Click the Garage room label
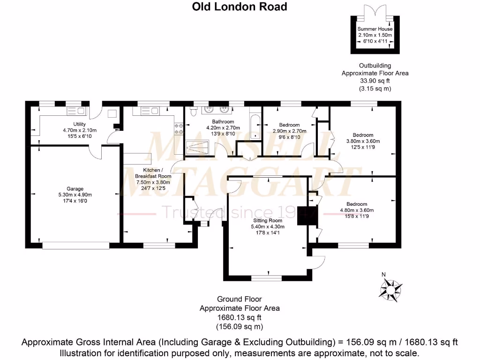pos(75,189)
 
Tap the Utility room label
pos(79,124)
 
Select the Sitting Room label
pos(268,220)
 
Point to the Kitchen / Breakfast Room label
pos(153,173)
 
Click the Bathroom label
pos(223,121)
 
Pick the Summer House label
pos(375,29)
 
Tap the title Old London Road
pos(240,7)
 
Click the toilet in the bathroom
pos(193,112)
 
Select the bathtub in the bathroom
pos(255,127)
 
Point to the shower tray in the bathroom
pos(197,148)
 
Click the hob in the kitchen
pos(179,128)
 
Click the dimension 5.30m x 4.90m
pos(75,195)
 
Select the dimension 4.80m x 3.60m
pos(357,210)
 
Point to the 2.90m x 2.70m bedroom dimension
pos(290,131)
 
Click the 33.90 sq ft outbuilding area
pos(375,81)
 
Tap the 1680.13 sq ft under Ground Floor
pos(240,317)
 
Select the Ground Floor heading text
pos(240,299)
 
